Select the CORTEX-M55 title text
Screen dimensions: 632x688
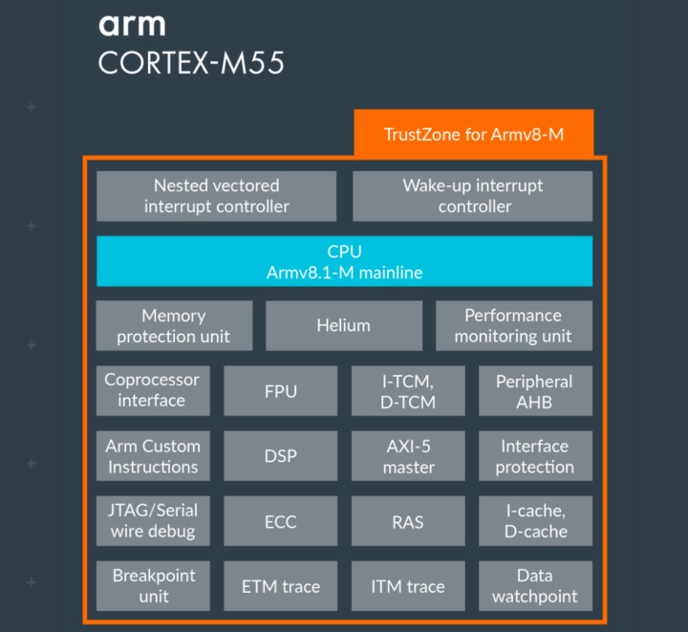(191, 64)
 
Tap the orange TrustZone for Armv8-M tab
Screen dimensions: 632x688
(474, 134)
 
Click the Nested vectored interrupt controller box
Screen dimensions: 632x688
(217, 196)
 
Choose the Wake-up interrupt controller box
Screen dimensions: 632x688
(472, 196)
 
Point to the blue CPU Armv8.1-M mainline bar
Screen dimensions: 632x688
(344, 261)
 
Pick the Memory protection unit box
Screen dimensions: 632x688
(174, 326)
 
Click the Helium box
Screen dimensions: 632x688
(344, 326)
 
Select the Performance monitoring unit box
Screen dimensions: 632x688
(513, 326)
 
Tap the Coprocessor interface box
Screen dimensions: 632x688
(153, 390)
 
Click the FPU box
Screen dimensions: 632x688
(281, 390)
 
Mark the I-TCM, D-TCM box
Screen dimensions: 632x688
(408, 390)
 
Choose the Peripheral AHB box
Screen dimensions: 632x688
(535, 390)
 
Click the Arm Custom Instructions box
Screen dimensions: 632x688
(153, 456)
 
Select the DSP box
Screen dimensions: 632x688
(281, 456)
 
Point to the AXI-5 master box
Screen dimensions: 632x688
(408, 456)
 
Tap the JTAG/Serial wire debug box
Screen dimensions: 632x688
(153, 521)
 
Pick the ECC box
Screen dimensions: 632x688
(281, 521)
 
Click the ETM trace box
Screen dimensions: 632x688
(281, 586)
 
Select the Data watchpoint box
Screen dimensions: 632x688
(535, 586)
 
